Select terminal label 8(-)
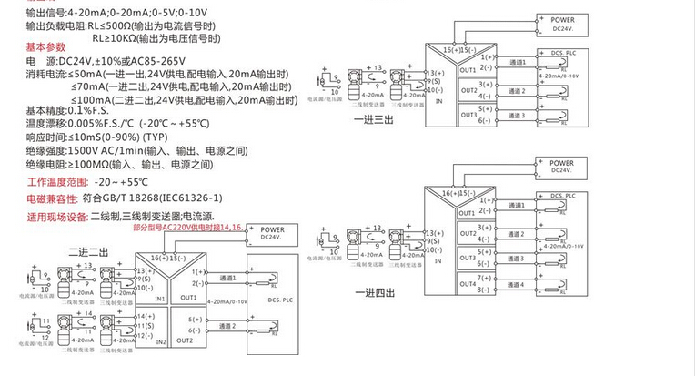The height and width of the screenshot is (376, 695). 484,290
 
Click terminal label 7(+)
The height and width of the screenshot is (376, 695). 484,277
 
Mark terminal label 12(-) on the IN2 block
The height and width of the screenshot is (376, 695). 144,334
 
